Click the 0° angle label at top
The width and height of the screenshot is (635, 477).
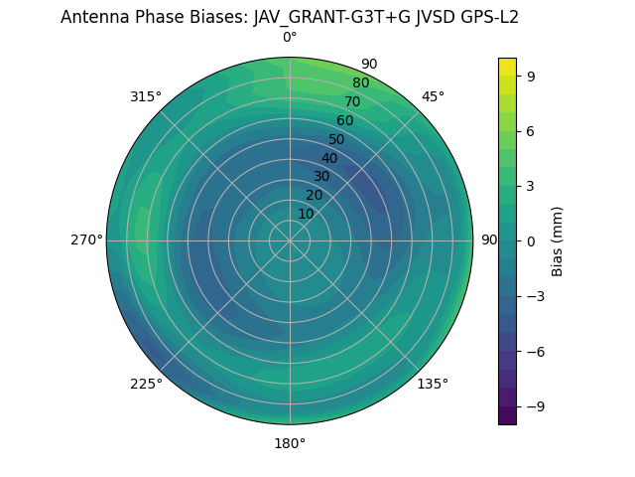click(x=290, y=38)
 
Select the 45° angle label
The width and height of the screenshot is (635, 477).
click(x=433, y=96)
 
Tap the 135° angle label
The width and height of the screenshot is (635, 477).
click(x=433, y=384)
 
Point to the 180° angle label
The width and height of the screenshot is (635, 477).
click(x=290, y=443)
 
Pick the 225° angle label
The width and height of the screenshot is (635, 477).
click(x=146, y=384)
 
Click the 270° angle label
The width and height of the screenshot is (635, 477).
click(x=86, y=240)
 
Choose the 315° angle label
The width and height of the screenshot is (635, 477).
click(x=146, y=96)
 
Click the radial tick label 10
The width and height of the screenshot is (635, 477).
click(x=306, y=214)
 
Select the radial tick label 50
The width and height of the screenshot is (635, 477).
click(x=336, y=139)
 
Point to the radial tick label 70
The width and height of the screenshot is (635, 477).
click(x=352, y=101)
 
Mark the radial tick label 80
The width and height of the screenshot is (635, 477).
click(x=360, y=82)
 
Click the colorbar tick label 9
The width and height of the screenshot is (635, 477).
click(x=531, y=76)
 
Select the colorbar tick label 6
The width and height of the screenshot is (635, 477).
click(x=531, y=130)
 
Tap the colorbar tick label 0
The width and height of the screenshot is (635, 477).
click(x=531, y=240)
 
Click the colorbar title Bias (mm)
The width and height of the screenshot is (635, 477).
click(x=559, y=240)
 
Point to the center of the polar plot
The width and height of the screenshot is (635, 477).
click(x=290, y=240)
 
